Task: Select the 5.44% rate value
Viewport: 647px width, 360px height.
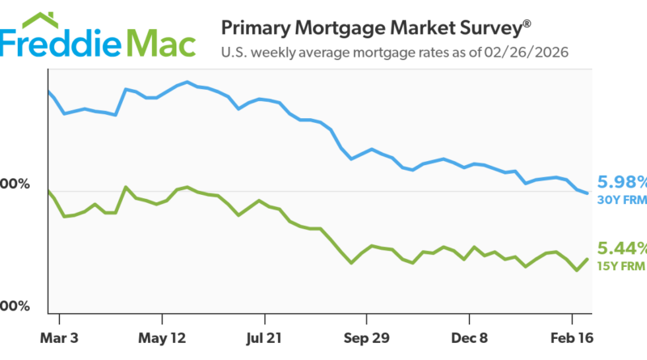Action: [x=622, y=248]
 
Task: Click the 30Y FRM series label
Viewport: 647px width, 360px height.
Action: [x=621, y=198]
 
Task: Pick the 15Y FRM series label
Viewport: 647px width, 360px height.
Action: [x=621, y=265]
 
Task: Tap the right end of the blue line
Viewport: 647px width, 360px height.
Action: [x=586, y=193]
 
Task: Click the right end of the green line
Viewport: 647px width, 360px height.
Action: [x=587, y=259]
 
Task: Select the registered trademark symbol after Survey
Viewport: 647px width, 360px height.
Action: [x=526, y=22]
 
